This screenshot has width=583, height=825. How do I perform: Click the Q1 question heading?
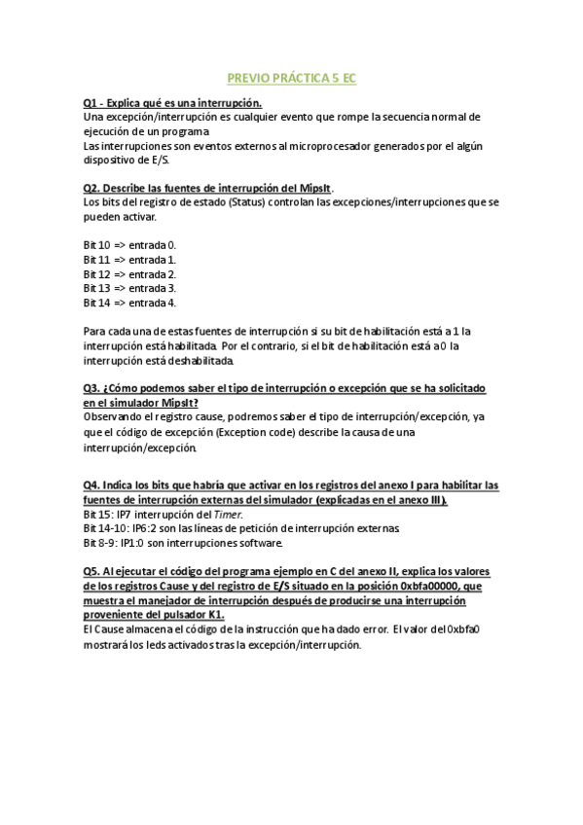(172, 102)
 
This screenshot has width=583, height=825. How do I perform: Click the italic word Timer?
(226, 514)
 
